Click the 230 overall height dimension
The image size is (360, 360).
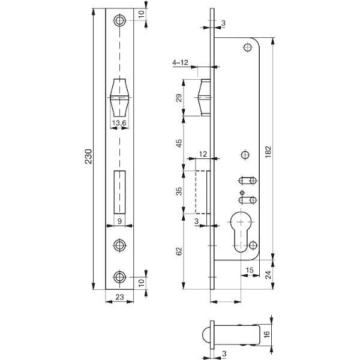(89, 157)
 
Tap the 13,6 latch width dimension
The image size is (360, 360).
(119, 123)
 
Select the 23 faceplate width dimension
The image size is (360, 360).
(119, 297)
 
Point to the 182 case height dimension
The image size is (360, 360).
(268, 152)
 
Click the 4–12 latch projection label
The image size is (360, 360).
(180, 62)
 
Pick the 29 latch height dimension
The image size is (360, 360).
(179, 98)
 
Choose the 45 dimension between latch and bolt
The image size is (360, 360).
(179, 143)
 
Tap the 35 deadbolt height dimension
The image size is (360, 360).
(179, 191)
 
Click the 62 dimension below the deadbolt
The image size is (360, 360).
(179, 251)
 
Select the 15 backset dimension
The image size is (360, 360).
(250, 270)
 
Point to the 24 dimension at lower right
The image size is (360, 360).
(268, 275)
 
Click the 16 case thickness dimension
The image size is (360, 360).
(266, 334)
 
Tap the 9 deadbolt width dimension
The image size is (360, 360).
(119, 221)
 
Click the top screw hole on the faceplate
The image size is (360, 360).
(119, 20)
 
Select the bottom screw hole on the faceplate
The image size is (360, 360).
(119, 277)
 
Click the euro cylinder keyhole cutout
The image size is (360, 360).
(241, 232)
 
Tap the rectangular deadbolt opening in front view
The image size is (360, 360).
(119, 192)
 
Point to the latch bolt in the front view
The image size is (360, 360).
(119, 98)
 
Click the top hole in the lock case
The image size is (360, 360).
(247, 47)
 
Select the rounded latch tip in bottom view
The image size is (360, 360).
(206, 334)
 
